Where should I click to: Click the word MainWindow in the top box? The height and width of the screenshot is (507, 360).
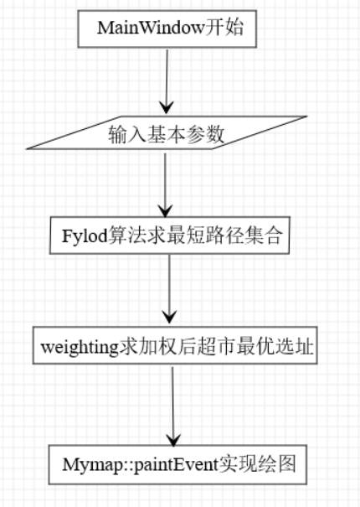(151, 28)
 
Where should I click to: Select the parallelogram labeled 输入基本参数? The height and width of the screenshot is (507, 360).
(167, 132)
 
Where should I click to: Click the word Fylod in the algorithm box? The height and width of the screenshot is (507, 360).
(85, 236)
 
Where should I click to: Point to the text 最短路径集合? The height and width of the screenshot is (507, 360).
(224, 235)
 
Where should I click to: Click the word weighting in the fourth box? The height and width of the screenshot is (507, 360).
(80, 348)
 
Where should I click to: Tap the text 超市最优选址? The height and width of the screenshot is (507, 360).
(255, 347)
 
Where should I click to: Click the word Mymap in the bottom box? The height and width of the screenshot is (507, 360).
(91, 465)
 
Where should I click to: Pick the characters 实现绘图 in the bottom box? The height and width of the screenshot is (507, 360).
(258, 464)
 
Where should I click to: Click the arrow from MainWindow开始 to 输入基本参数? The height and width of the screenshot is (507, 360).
(167, 81)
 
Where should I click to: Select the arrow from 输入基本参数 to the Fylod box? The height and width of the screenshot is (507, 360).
(166, 184)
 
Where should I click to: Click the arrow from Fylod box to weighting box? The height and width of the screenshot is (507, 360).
(169, 289)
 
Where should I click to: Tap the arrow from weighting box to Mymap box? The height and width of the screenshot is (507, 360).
(173, 406)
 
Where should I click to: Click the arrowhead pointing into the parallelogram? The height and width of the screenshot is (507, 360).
(167, 107)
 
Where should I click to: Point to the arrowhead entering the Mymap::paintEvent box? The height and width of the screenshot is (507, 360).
(173, 440)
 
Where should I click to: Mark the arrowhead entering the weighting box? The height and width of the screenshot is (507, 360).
(169, 317)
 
